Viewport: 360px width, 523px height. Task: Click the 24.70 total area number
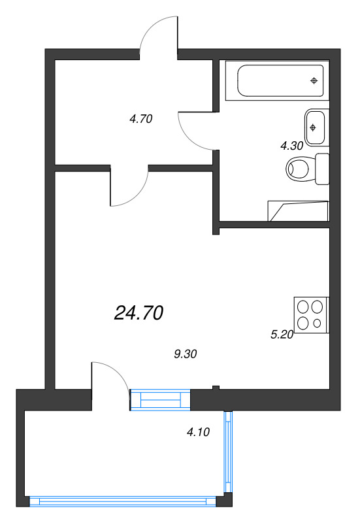click(139, 313)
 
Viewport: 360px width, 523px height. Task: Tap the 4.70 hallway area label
click(141, 119)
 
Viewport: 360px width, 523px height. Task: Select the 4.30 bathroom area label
click(291, 145)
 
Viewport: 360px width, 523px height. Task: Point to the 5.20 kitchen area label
click(282, 334)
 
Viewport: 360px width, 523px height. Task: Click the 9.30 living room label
click(186, 354)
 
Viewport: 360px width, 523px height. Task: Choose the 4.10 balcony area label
click(199, 432)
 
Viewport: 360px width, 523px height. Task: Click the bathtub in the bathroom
click(277, 80)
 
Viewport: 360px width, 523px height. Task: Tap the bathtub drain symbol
click(314, 80)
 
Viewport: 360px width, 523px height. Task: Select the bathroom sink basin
click(315, 127)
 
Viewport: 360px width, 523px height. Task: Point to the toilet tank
click(322, 169)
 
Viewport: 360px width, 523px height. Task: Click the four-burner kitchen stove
click(312, 315)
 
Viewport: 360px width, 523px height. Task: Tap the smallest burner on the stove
click(317, 323)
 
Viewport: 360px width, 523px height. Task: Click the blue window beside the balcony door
click(160, 399)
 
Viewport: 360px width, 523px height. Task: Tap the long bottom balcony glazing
click(123, 501)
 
